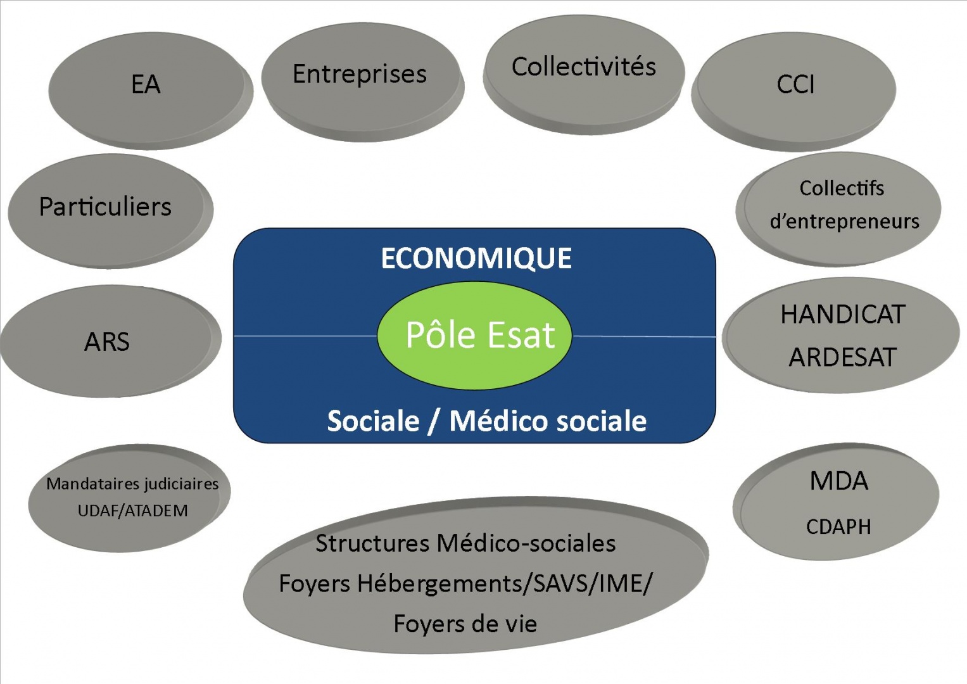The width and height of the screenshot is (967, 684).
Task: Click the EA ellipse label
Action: tap(146, 84)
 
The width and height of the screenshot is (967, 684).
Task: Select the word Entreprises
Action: tap(360, 74)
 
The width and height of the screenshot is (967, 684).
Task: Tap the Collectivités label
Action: tap(584, 66)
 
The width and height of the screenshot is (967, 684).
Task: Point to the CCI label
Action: tap(795, 84)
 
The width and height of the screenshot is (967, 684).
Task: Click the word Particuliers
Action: tap(105, 206)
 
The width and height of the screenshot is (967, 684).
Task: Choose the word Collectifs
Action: tap(842, 188)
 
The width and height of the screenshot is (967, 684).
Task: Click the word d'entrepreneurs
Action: tap(844, 221)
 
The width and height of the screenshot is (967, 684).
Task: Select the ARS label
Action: tap(106, 341)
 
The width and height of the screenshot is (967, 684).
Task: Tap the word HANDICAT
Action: tap(843, 314)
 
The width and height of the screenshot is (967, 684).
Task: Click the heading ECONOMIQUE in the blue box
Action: tap(476, 258)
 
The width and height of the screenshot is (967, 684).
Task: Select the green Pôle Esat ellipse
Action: tap(474, 336)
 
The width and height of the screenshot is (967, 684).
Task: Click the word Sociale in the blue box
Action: tap(373, 421)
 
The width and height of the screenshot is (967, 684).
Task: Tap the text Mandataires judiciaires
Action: tap(132, 484)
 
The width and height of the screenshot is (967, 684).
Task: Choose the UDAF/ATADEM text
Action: tap(132, 511)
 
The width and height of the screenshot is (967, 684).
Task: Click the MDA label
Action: tap(839, 481)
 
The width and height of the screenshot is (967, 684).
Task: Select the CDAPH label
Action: tap(838, 527)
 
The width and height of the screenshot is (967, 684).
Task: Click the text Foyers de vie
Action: tap(465, 624)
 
